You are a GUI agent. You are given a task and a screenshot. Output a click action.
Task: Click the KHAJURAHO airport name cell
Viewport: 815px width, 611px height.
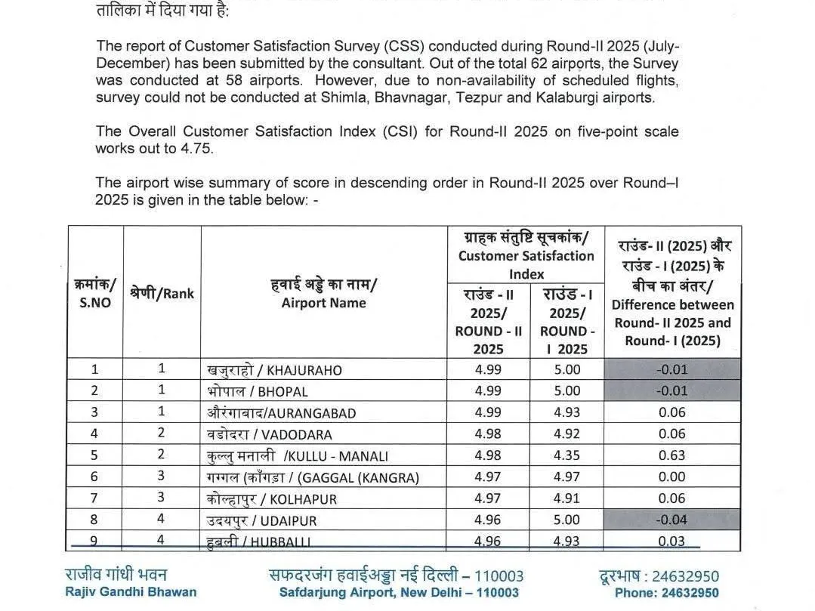click(x=274, y=370)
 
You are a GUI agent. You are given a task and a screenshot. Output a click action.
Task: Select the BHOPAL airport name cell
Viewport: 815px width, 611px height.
click(x=258, y=391)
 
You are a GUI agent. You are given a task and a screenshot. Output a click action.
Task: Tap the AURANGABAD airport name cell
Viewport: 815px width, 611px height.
click(x=281, y=413)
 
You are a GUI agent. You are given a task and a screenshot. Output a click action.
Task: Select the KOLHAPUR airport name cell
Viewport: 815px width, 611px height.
click(x=272, y=498)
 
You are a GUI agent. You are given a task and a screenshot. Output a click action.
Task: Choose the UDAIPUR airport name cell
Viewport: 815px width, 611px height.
click(x=262, y=520)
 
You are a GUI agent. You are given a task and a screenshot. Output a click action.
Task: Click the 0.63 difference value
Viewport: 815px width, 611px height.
click(x=672, y=455)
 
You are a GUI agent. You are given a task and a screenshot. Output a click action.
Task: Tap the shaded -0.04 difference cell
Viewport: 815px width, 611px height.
click(x=672, y=520)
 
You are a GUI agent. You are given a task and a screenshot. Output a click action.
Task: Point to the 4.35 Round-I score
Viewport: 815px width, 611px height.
click(x=566, y=455)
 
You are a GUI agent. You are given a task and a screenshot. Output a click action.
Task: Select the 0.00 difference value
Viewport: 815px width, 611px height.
click(x=672, y=477)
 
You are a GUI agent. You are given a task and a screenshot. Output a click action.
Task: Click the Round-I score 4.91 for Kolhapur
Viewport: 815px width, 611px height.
click(x=566, y=498)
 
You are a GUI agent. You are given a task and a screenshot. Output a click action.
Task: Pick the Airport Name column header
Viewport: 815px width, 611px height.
click(x=323, y=295)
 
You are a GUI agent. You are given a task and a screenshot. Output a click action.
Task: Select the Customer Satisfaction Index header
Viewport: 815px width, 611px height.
click(x=526, y=256)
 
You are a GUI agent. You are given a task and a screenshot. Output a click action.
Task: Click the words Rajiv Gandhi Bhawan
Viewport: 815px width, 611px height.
click(x=131, y=592)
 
